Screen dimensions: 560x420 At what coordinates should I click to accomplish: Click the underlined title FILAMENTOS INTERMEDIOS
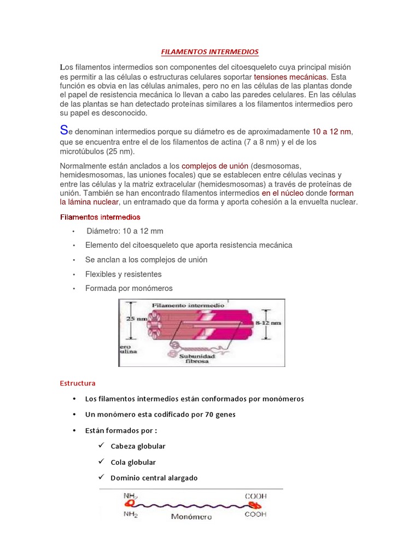coord(210,52)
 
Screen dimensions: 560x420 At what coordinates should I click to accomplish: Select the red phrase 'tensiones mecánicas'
coord(290,77)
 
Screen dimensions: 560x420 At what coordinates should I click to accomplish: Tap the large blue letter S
coord(65,131)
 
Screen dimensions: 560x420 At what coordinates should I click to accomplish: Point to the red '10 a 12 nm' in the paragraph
coord(331,132)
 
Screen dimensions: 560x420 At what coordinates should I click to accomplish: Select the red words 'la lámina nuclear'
coord(89,202)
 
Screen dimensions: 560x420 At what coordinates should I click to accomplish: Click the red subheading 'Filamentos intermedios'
coord(100,217)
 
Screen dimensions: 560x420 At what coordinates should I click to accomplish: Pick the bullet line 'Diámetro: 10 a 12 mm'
coord(125,231)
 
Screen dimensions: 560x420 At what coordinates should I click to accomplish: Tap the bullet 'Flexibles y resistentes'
coord(124,274)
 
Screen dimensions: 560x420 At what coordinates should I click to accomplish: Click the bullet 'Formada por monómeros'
coord(129,288)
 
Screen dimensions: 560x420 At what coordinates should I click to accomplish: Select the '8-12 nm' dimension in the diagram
coord(269,323)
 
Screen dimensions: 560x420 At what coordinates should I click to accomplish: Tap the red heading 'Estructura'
coord(78,383)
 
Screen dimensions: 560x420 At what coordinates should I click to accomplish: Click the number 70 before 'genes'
coord(209,414)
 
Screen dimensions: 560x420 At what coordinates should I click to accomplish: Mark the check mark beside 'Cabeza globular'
coord(101,445)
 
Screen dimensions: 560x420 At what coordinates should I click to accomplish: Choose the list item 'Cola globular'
coord(133,462)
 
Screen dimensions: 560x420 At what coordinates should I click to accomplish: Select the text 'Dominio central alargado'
coord(154,478)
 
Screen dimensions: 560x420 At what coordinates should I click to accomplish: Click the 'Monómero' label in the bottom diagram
coord(191,516)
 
